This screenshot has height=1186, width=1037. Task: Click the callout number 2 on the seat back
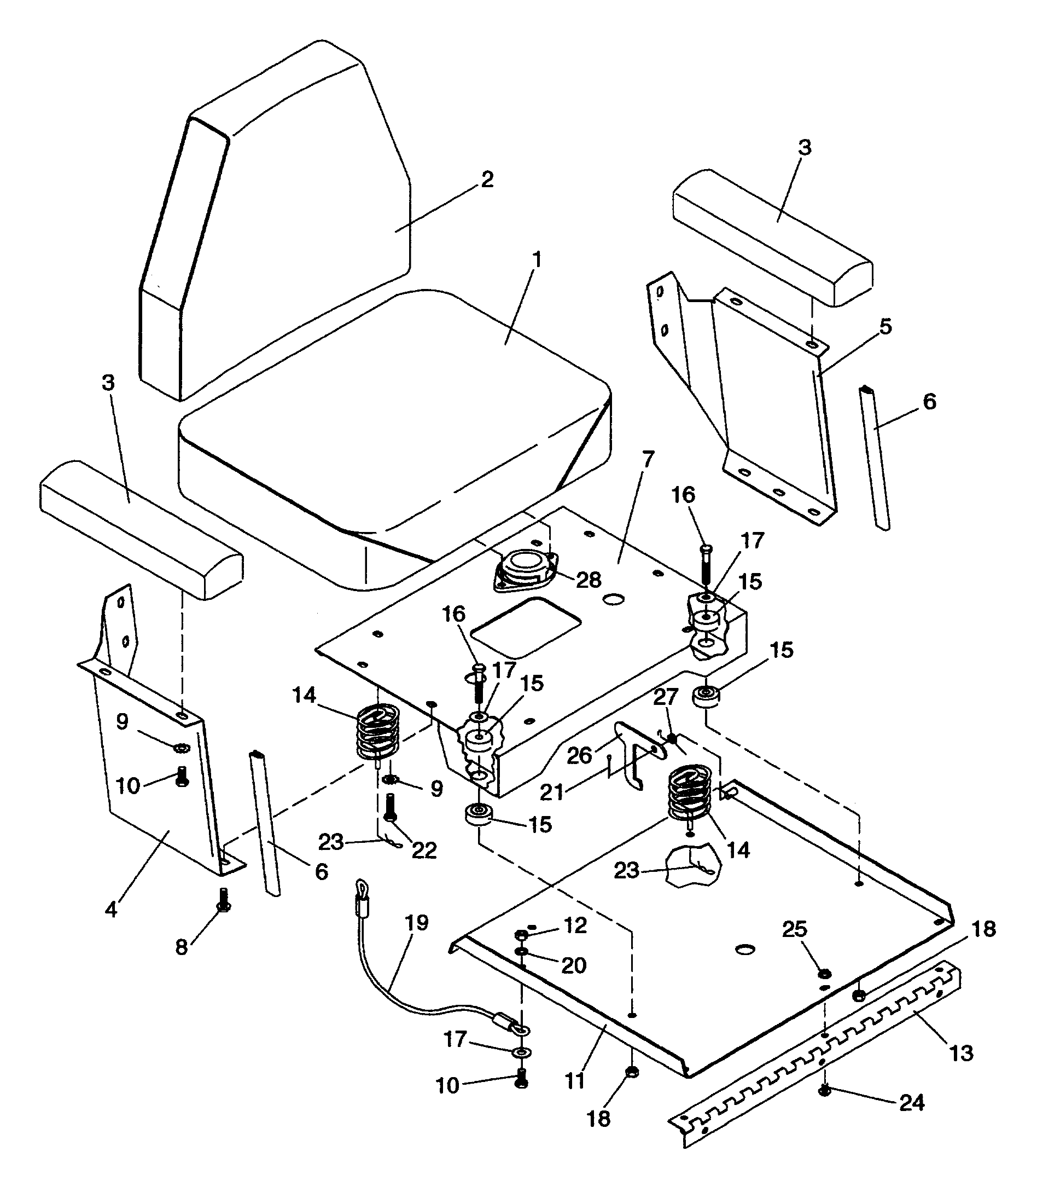487,180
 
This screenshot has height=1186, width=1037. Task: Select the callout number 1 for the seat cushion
537,260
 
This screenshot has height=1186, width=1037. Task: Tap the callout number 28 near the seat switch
589,580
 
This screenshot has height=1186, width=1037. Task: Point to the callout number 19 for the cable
417,923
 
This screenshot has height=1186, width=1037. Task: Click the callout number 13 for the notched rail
961,1053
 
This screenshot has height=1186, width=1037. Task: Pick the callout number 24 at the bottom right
911,1103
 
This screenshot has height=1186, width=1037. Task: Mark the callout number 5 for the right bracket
885,327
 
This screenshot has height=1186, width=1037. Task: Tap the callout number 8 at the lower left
182,947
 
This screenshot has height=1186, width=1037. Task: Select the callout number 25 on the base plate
795,929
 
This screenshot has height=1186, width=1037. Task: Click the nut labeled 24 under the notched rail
825,1092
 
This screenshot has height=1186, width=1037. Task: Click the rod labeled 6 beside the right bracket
874,458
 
